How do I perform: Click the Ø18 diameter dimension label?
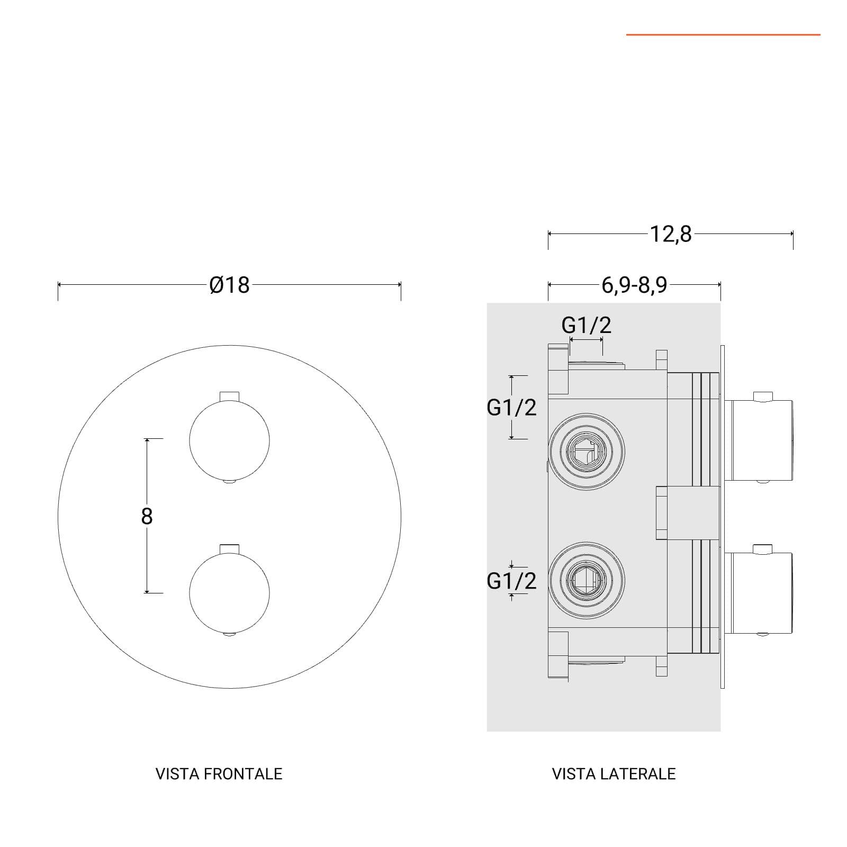coord(229,285)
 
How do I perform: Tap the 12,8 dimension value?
coord(670,234)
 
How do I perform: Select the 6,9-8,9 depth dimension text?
coord(634,285)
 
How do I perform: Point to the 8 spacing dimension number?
coord(147,516)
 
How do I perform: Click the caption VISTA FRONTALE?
coord(219,774)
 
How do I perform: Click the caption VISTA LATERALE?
coord(614,774)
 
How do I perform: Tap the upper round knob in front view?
coord(230,440)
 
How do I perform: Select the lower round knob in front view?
coord(230,593)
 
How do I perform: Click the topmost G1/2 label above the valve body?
coord(586,325)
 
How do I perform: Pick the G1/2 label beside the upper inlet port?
coord(511,407)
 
